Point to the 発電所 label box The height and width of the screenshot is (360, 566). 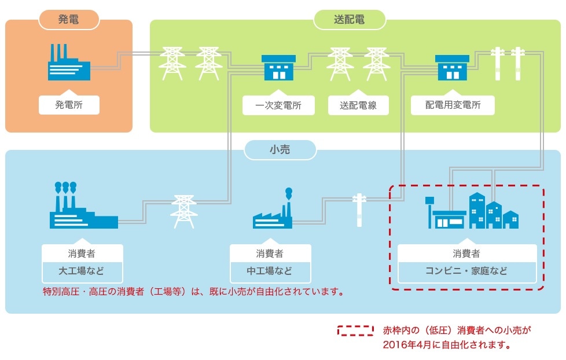coord(69,105)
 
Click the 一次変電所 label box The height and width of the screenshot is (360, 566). coord(278,105)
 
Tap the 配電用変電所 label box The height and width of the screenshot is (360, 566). coord(453,105)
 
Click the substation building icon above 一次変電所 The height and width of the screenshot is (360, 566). coord(278,68)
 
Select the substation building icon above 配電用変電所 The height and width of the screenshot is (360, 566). coord(453,68)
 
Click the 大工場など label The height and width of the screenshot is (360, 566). coord(82,271)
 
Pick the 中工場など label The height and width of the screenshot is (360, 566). coord(270,271)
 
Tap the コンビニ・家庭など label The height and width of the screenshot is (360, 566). coord(466,271)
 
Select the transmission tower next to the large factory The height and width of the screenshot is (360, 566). coord(183,212)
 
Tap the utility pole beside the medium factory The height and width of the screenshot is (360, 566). coord(359,208)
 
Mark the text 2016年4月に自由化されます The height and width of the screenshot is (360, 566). coord(446,346)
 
